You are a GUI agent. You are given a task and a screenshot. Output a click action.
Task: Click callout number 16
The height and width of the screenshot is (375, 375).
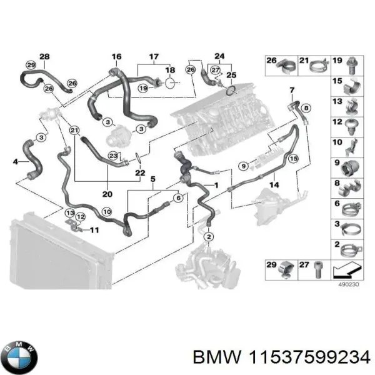pyautogui.click(x=116, y=57)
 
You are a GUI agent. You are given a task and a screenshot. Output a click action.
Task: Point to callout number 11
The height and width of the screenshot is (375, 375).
pyautogui.click(x=94, y=231)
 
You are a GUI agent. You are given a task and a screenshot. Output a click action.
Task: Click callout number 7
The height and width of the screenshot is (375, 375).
pyautogui.click(x=291, y=91)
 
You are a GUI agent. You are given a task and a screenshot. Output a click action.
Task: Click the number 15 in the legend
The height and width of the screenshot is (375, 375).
pyautogui.click(x=336, y=81)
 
